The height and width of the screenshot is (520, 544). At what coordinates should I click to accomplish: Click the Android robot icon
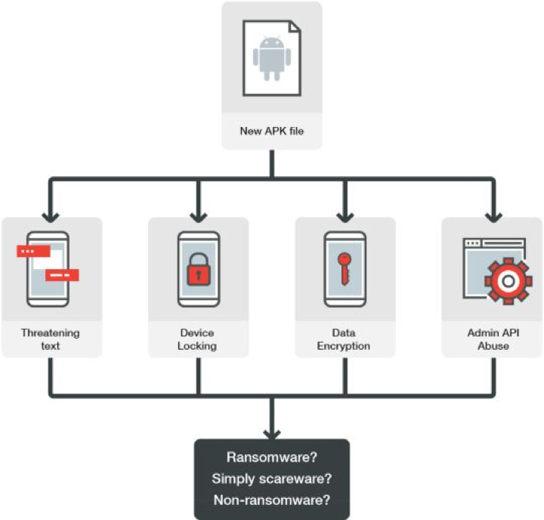[272, 58]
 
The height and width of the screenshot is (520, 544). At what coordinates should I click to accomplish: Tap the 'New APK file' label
[272, 131]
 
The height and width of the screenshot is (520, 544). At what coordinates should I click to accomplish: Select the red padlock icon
[199, 268]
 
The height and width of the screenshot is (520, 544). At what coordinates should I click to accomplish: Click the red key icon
[345, 268]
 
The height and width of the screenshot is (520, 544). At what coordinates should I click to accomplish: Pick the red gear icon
[508, 281]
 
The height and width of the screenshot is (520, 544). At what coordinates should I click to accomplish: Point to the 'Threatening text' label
[51, 339]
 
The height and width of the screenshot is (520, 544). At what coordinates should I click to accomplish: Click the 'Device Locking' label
[197, 339]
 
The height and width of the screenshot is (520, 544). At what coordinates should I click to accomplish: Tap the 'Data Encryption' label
[344, 339]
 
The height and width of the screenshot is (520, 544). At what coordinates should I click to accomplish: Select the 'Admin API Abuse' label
[493, 339]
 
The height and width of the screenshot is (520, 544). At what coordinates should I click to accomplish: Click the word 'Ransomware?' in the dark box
[272, 457]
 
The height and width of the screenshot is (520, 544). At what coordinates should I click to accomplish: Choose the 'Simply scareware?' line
[272, 478]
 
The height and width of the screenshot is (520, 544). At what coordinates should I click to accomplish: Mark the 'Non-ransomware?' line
[272, 500]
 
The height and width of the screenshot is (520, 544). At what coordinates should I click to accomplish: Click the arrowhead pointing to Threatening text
[51, 218]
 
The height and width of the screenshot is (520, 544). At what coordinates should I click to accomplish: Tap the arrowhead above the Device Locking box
[199, 218]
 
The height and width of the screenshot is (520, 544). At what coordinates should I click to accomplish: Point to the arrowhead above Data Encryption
[345, 218]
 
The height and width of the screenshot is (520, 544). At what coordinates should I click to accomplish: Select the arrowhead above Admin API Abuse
[493, 218]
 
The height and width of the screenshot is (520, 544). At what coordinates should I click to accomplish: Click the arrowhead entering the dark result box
[272, 435]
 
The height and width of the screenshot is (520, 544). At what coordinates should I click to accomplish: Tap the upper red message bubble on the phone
[34, 252]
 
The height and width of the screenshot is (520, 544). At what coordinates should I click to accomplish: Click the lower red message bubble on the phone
[62, 275]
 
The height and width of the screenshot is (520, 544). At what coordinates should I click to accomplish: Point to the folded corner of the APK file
[295, 26]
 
